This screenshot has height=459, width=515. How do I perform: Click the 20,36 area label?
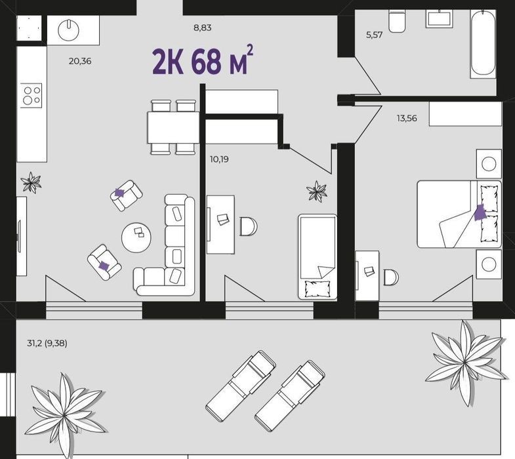pos(80,61)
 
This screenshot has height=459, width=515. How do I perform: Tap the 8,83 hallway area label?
pos(202,28)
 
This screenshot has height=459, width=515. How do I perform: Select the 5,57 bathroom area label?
pos(375,35)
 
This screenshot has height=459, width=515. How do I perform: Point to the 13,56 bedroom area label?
pos(407,118)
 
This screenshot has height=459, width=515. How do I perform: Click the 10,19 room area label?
pos(219,159)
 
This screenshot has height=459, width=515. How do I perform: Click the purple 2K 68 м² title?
pos(203,61)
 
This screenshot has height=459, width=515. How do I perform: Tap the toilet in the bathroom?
pos(397,21)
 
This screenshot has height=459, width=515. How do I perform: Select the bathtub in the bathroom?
pos(483,44)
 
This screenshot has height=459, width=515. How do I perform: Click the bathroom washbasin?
pos(440,18)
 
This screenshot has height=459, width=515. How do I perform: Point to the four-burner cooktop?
pos(31,95)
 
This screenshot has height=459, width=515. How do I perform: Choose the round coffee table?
pos(136,237)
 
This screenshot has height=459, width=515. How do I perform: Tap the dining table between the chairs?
pos(173,127)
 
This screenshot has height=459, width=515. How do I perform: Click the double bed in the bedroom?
pos(459,214)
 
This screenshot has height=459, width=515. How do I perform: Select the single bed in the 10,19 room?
pos(318,257)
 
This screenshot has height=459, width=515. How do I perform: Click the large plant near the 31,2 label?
pos(65,414)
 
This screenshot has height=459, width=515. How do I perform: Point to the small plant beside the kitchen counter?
pos(31,182)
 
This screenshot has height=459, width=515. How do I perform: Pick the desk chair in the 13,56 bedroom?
pos(391,277)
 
